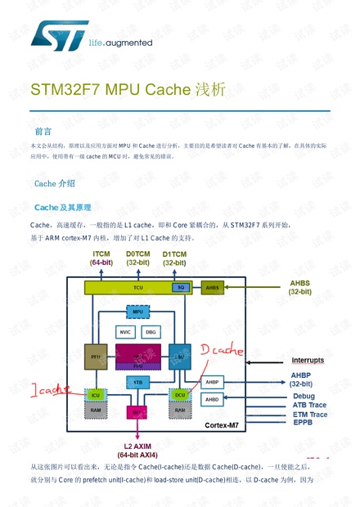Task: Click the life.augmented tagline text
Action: (x=120, y=43)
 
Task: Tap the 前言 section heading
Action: (x=43, y=131)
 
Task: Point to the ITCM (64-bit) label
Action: (x=102, y=258)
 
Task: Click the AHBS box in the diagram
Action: (x=212, y=288)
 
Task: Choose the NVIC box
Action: (x=125, y=332)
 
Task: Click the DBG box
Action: (x=151, y=332)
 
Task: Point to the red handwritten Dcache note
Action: (x=222, y=351)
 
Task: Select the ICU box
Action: (x=97, y=394)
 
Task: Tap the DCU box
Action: (x=180, y=394)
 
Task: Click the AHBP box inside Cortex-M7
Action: (x=212, y=382)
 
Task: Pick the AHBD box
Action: (x=212, y=399)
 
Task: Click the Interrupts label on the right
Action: (x=308, y=360)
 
